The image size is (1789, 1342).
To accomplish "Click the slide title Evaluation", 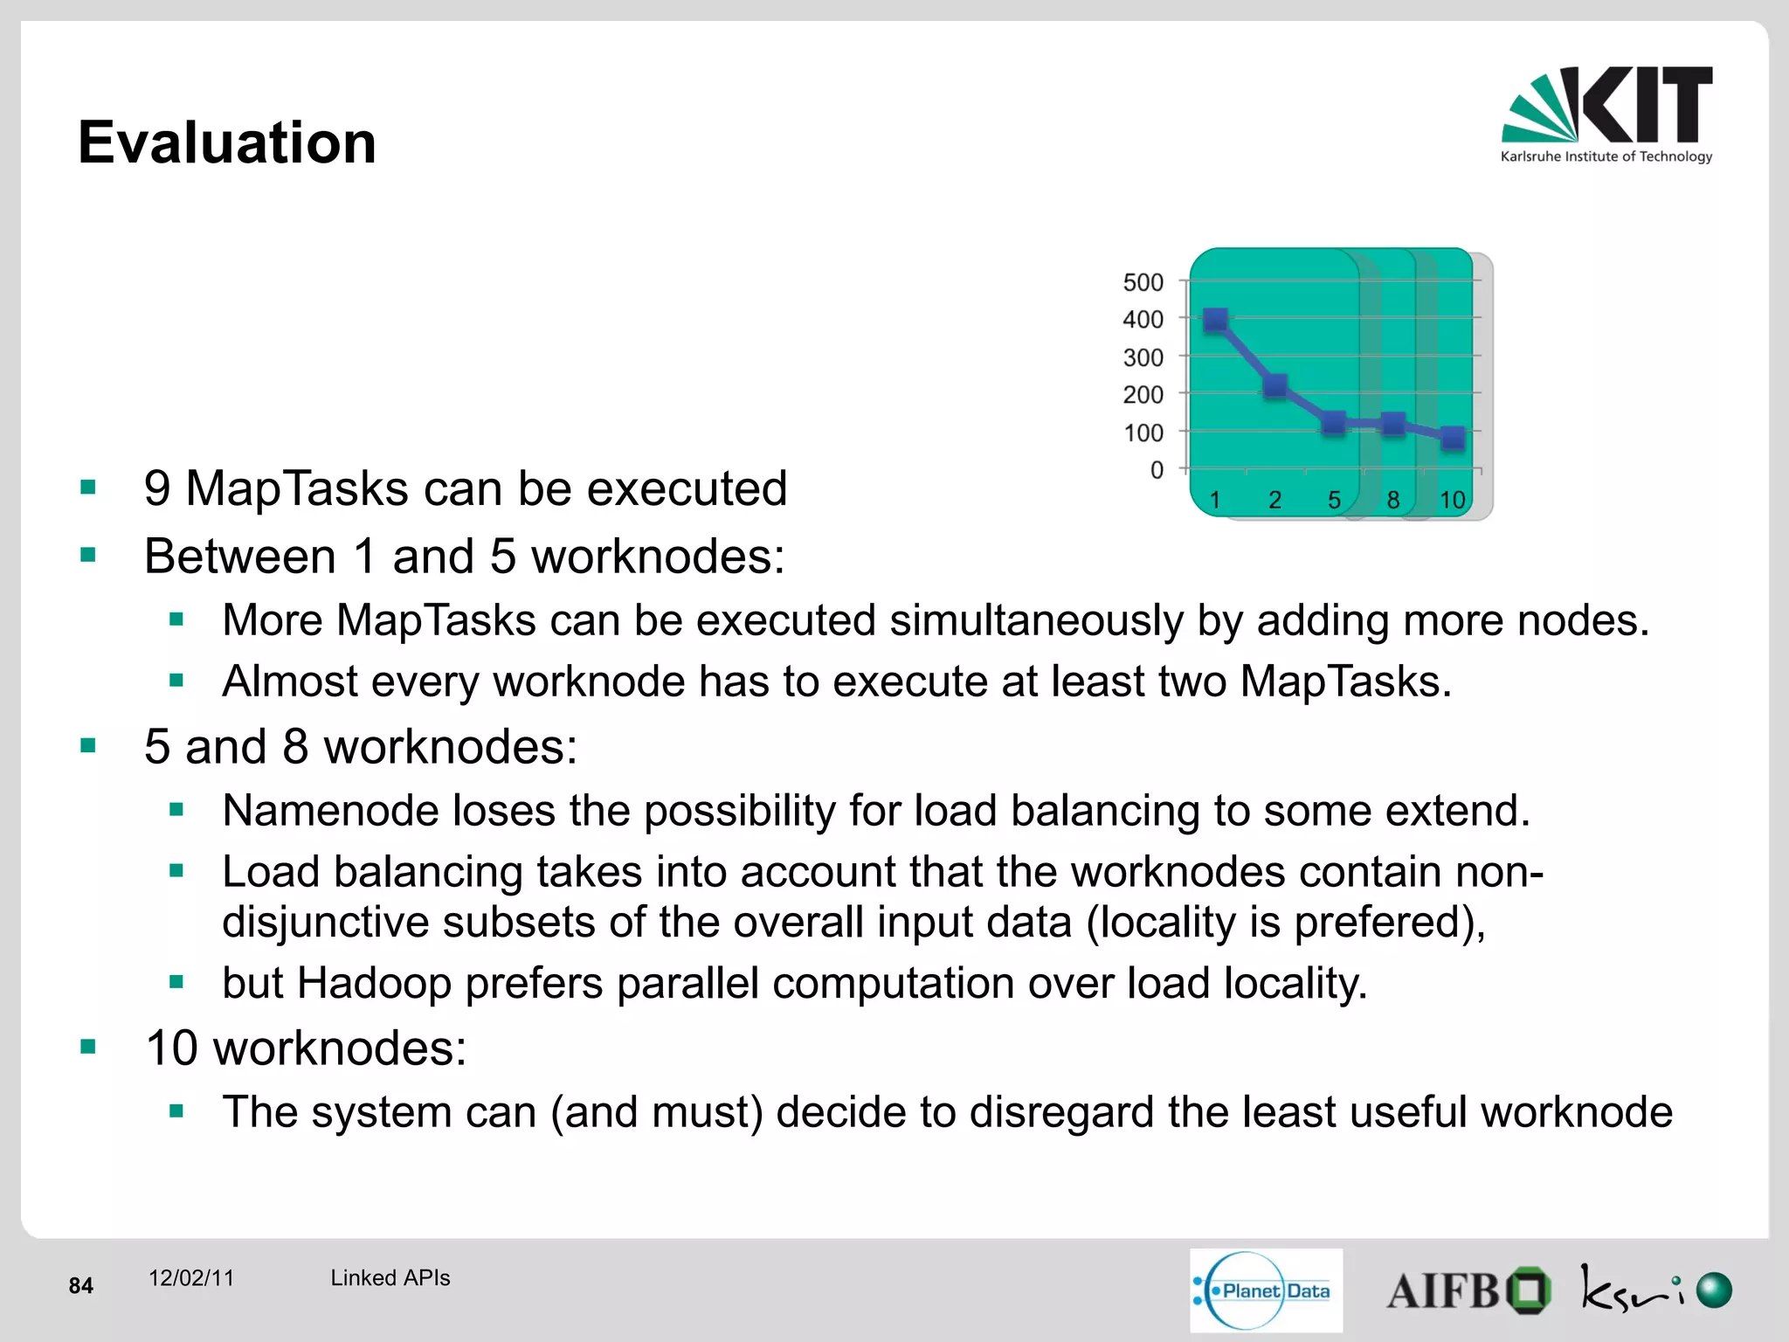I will pos(227,142).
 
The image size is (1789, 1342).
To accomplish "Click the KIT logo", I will pos(1606,114).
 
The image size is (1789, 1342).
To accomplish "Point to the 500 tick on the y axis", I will pos(1143,282).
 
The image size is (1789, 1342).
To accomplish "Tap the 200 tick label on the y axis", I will pos(1143,395).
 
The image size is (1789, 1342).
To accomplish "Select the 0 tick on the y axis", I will pos(1157,470).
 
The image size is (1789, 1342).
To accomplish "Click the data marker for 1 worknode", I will pos(1215,320).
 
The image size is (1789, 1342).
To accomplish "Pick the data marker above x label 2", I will pos(1275,385).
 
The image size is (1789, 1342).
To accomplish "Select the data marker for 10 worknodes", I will pos(1453,438).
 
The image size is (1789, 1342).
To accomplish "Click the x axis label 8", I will pos(1393,500).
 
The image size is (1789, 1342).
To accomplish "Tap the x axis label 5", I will pos(1334,500).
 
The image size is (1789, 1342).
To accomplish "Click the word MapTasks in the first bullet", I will pos(296,488).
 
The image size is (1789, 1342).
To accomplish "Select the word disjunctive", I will pos(325,923).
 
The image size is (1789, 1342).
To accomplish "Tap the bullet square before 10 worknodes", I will pos(87,1047).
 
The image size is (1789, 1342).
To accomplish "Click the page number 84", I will pos(81,1285).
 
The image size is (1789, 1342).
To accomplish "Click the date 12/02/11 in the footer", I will pos(191,1278).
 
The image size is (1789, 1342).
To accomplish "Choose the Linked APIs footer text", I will pos(390,1278).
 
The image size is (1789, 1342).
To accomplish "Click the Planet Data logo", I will pos(1265,1290).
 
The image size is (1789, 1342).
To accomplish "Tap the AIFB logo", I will pos(1468,1290).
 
